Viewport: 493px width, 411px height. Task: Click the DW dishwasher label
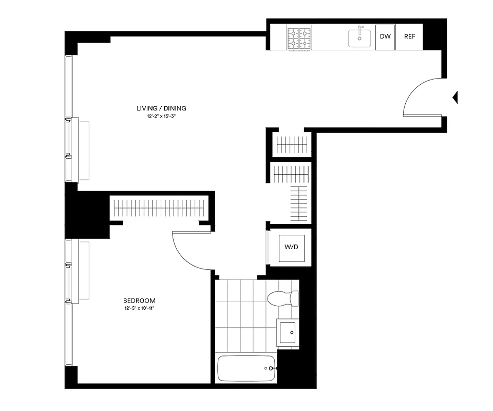click(x=385, y=36)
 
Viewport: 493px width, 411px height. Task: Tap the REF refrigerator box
click(x=409, y=36)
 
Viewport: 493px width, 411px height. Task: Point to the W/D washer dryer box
click(x=291, y=247)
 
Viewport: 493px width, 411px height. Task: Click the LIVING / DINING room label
click(x=161, y=108)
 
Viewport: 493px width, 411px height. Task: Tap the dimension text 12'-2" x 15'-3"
click(x=161, y=117)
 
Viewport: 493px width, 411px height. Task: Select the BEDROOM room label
click(x=139, y=301)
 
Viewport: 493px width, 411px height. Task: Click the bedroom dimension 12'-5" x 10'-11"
click(x=139, y=309)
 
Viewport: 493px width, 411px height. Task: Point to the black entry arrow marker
click(x=454, y=97)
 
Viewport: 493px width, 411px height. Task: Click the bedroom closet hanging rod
click(x=160, y=208)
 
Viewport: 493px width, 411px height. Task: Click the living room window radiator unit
click(x=84, y=150)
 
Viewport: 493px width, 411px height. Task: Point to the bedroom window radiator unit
click(x=84, y=271)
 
